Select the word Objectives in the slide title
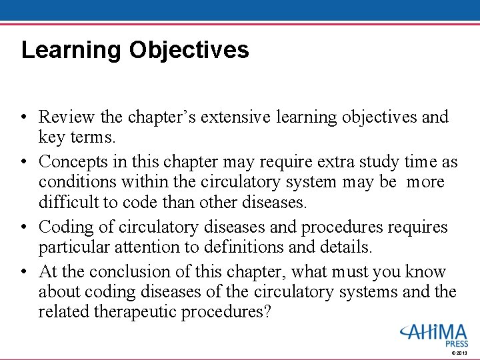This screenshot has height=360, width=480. pyautogui.click(x=189, y=51)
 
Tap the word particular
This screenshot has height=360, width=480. pyautogui.click(x=71, y=248)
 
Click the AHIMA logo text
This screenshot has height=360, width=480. pyautogui.click(x=433, y=331)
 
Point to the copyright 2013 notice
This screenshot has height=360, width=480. pyautogui.click(x=459, y=353)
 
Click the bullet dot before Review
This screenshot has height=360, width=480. pyautogui.click(x=24, y=117)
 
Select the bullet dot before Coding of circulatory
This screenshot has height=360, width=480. pyautogui.click(x=24, y=228)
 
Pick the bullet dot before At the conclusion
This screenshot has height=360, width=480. pyautogui.click(x=24, y=273)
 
